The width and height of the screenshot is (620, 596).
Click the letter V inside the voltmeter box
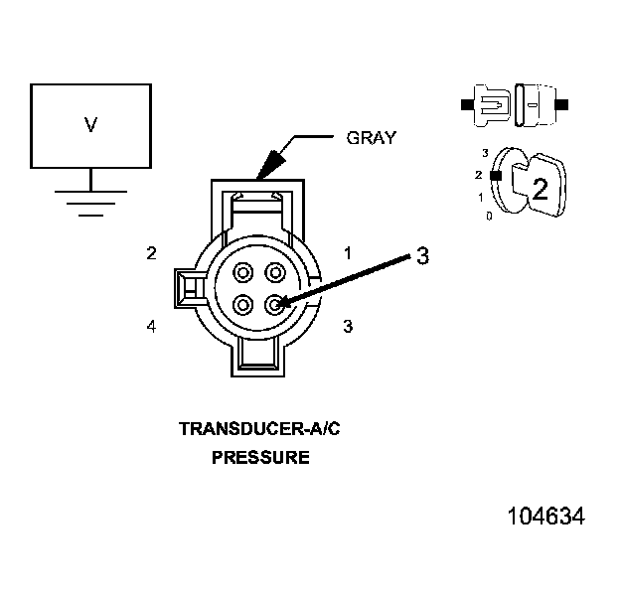pyautogui.click(x=90, y=125)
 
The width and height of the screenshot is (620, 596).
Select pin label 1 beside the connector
pyautogui.click(x=348, y=253)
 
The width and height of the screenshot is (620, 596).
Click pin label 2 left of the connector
pyautogui.click(x=151, y=253)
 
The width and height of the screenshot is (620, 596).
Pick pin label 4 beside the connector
pyautogui.click(x=151, y=326)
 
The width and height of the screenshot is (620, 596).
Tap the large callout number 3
pyautogui.click(x=422, y=255)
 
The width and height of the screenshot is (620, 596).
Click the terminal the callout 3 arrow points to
pyautogui.click(x=275, y=304)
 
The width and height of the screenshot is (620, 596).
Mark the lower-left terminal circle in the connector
pyautogui.click(x=242, y=304)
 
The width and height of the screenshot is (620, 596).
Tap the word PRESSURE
pyautogui.click(x=259, y=458)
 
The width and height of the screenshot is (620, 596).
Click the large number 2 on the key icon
pyautogui.click(x=540, y=190)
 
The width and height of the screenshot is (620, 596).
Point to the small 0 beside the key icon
pyautogui.click(x=488, y=215)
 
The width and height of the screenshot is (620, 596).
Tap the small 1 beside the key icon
pyautogui.click(x=481, y=197)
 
